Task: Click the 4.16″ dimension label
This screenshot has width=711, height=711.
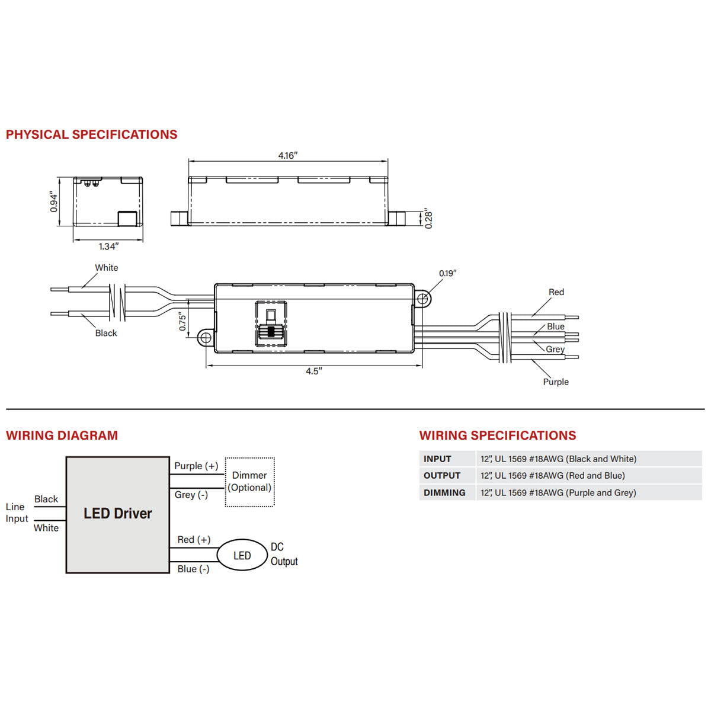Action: [x=288, y=155]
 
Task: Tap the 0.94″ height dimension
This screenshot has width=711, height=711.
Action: [x=55, y=201]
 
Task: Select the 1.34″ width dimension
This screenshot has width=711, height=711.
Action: [x=108, y=246]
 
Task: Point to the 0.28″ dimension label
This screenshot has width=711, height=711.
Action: [x=429, y=218]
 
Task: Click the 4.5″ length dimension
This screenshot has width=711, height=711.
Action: [x=313, y=371]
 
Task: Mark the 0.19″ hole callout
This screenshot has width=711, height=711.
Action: [x=448, y=273]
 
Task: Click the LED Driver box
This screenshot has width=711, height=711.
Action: [x=117, y=514]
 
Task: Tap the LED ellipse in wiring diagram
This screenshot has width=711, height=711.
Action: [x=242, y=555]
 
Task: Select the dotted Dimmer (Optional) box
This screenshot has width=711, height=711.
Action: [x=249, y=482]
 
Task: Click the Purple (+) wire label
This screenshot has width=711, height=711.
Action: [x=196, y=466]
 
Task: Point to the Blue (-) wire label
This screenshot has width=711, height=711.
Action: [x=193, y=569]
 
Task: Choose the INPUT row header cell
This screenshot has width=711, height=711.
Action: [x=438, y=459]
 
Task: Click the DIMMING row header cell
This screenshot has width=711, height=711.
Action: [x=444, y=492]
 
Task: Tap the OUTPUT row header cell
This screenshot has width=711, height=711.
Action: [x=442, y=475]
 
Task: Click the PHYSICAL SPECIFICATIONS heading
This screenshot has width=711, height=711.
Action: [x=92, y=134]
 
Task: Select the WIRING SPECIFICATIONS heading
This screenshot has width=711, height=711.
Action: [x=498, y=435]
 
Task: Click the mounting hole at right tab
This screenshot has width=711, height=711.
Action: [x=422, y=298]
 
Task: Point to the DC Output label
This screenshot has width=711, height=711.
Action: [x=284, y=554]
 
